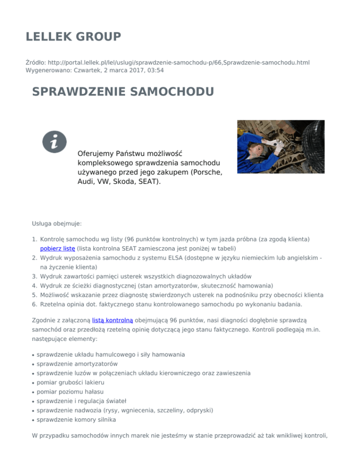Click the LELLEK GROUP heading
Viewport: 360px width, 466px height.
[74, 37]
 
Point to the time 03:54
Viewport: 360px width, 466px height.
[154, 70]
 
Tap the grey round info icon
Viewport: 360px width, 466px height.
[55, 141]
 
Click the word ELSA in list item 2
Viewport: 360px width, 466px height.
[180, 257]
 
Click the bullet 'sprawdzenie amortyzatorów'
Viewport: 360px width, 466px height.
[77, 364]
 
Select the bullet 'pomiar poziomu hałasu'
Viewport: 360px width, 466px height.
[70, 391]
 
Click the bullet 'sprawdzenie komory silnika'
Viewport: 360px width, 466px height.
[77, 420]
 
